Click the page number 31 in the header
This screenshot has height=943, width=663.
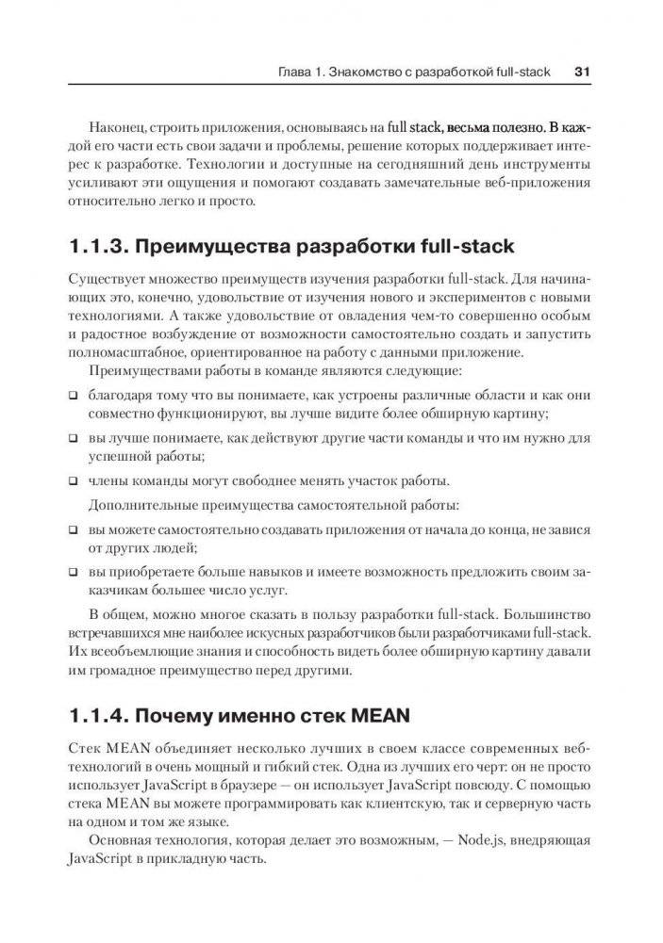582,70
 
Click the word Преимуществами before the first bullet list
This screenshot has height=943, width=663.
139,372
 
